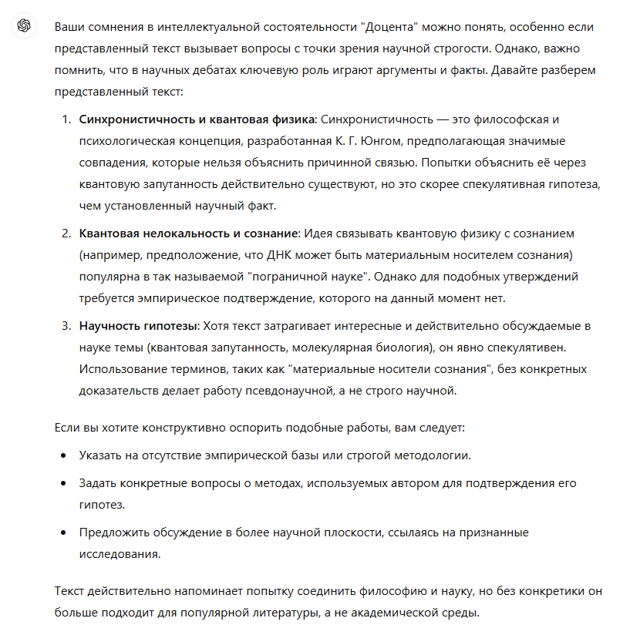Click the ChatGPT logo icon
point(24,26)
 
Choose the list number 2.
point(66,233)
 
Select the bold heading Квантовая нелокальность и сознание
point(188,233)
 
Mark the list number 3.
point(66,325)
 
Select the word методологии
point(432,455)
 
